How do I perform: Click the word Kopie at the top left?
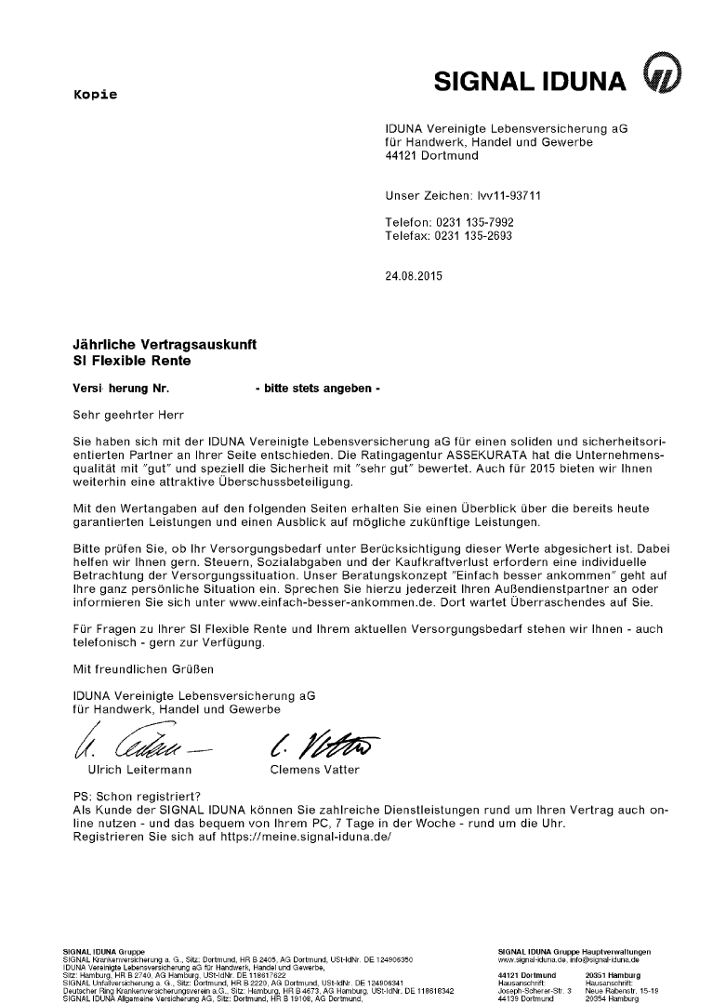(x=96, y=95)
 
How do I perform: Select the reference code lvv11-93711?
(x=501, y=196)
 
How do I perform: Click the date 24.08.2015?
(x=415, y=277)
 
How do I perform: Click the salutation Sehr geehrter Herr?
(x=128, y=411)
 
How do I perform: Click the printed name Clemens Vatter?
(x=313, y=769)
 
